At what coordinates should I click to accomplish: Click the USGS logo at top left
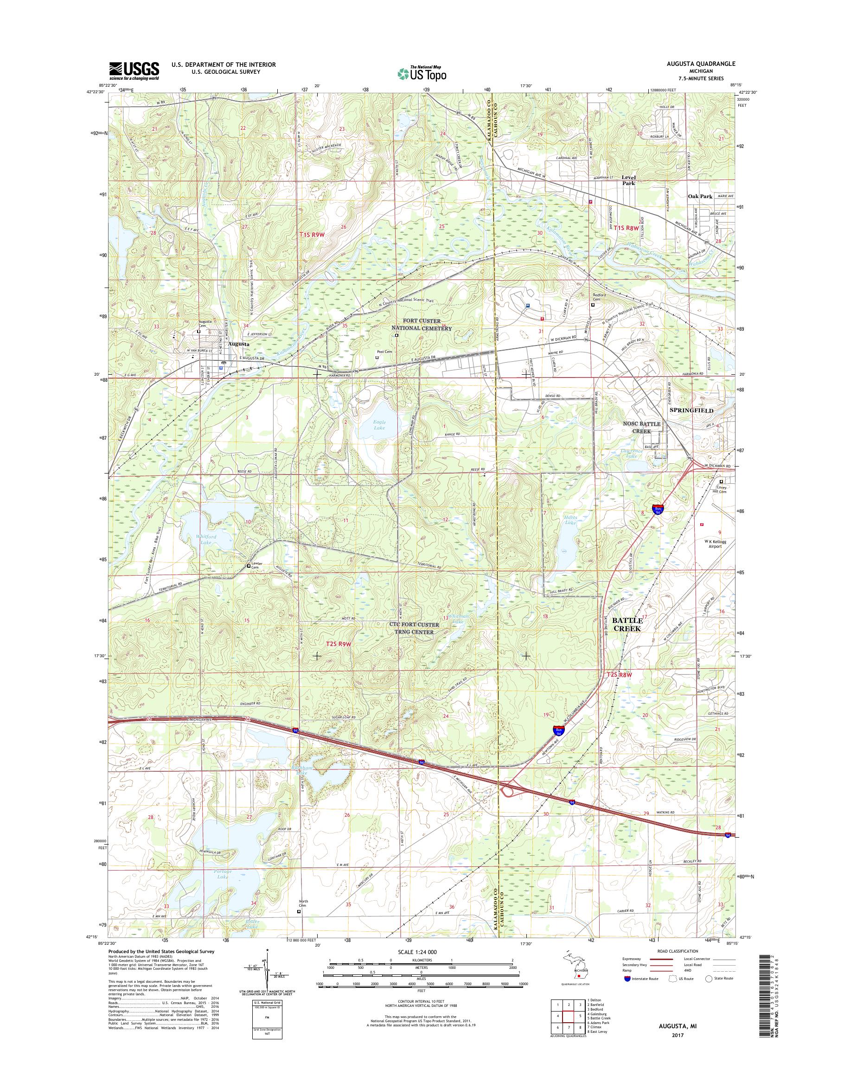134,70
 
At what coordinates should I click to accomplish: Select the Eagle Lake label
379,426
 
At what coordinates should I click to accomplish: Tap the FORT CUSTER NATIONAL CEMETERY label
422,324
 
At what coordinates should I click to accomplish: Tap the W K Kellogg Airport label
713,544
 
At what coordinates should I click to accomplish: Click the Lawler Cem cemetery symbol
249,566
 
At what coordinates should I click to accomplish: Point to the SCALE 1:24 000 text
416,951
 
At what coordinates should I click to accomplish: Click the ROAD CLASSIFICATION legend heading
678,951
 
